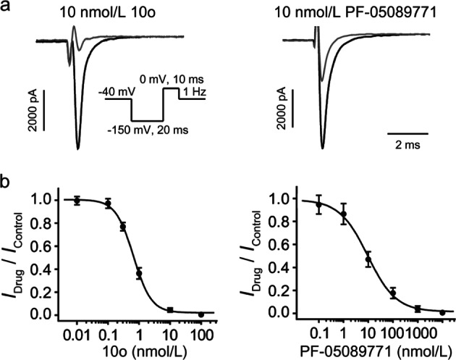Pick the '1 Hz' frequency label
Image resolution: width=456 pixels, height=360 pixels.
pos(194,91)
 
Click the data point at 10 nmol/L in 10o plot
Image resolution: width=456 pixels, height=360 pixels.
pos(171,310)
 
